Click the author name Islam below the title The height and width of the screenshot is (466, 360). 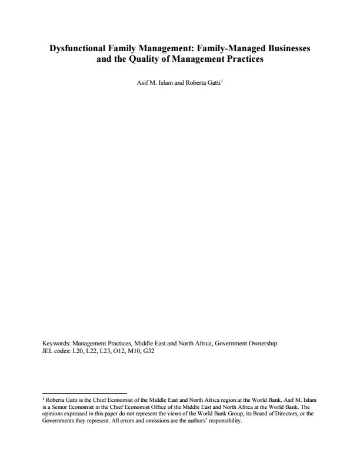159,84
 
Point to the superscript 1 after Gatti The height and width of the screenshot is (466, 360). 221,82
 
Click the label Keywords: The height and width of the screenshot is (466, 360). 56,342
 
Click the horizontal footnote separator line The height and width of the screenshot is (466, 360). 85,393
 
